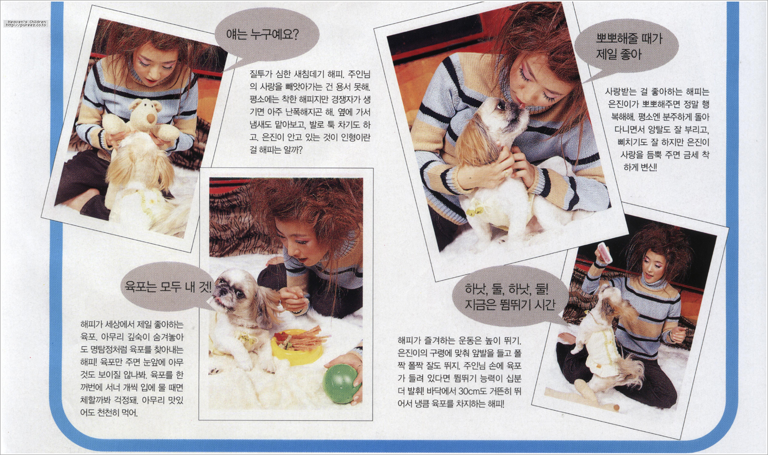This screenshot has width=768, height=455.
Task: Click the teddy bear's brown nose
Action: coord(151,119)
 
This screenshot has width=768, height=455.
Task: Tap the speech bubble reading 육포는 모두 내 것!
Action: coord(168,287)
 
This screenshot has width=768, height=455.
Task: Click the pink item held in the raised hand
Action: coord(605,252)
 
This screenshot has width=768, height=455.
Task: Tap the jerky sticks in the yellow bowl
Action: coord(303,338)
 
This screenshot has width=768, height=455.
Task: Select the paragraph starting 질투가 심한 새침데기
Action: coord(310,112)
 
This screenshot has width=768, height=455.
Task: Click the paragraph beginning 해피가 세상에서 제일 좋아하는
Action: coord(132,369)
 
